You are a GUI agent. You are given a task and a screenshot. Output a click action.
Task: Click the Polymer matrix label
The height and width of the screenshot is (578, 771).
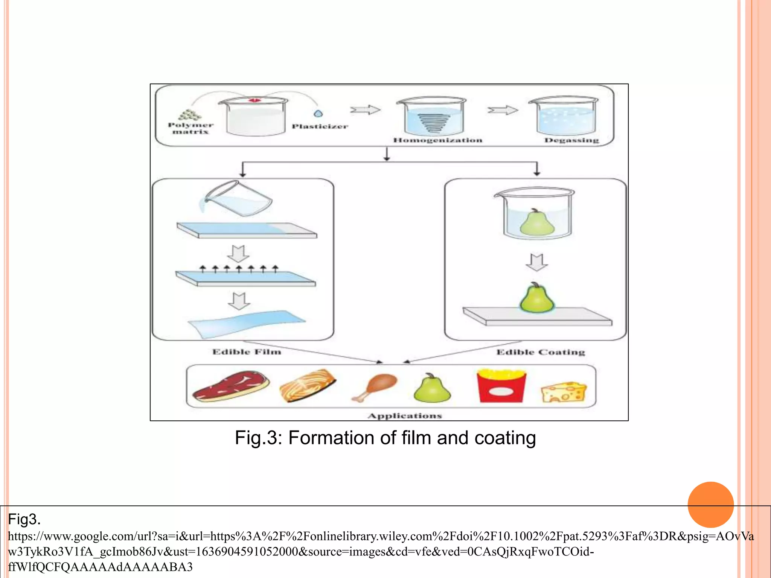(190, 128)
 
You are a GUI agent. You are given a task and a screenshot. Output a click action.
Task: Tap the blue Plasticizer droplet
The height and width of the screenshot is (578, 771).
(318, 113)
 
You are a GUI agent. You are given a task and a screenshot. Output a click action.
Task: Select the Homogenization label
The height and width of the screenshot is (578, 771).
(437, 140)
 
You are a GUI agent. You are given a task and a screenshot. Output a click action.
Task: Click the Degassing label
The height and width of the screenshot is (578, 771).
(571, 140)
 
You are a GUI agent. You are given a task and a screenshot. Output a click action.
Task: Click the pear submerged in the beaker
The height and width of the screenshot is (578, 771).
(537, 222)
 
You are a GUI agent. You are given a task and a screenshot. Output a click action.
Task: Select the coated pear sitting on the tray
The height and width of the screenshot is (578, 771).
(537, 298)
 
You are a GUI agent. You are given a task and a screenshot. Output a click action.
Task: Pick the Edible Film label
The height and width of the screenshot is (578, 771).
(247, 352)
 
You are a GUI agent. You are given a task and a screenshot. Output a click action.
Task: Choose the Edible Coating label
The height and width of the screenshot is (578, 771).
(541, 352)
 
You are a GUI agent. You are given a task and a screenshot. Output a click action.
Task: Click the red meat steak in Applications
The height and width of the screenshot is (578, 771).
(230, 386)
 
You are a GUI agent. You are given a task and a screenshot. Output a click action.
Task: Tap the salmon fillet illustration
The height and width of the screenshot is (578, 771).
(308, 386)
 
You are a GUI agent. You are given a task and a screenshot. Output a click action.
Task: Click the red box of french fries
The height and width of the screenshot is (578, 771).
(501, 386)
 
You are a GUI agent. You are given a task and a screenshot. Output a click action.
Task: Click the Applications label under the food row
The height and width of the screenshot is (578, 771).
(405, 416)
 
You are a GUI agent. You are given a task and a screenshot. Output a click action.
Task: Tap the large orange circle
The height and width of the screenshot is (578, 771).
(710, 505)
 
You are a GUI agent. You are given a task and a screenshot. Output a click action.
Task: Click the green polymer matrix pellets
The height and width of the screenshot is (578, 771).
(190, 115)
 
